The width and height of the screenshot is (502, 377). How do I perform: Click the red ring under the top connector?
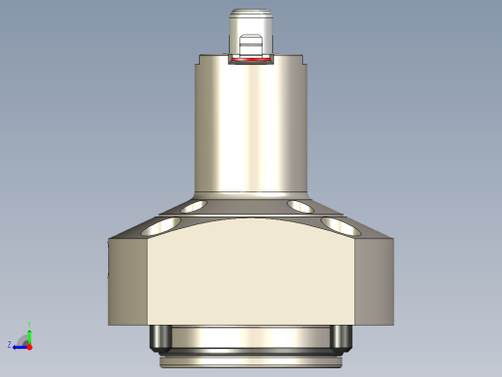pos(251,60)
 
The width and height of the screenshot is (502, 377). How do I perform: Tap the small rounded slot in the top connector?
pos(251,43)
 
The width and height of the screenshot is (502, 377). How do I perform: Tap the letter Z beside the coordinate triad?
pos(10,345)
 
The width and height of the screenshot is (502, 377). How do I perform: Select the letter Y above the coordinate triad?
pos(30,325)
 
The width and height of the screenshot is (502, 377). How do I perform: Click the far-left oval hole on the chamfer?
pos(159,226)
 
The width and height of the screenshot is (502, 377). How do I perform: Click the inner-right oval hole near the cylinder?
pos(301,206)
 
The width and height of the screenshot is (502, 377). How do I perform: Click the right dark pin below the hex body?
pos(340,337)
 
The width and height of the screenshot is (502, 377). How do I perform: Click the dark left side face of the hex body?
pos(127,280)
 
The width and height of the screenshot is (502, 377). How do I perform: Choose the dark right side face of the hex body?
pos(375,280)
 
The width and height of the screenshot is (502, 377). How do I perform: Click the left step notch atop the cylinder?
pos(198,65)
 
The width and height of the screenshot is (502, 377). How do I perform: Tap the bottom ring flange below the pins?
pos(251,360)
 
